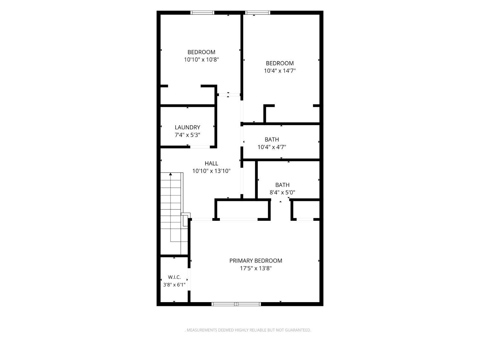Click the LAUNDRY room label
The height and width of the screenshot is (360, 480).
pyautogui.click(x=187, y=127)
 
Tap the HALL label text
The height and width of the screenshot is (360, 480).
pyautogui.click(x=211, y=163)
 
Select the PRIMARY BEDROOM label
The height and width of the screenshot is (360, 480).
pyautogui.click(x=256, y=260)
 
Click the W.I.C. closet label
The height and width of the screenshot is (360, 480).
pyautogui.click(x=174, y=277)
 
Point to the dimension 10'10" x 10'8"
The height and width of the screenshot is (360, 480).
pyautogui.click(x=201, y=60)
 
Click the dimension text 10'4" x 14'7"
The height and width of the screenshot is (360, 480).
pyautogui.click(x=280, y=71)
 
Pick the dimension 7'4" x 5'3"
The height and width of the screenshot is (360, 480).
pyautogui.click(x=187, y=135)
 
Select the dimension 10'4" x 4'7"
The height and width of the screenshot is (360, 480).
pyautogui.click(x=272, y=147)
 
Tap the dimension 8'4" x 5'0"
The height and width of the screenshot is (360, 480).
pyautogui.click(x=282, y=192)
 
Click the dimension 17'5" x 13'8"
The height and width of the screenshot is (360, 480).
pyautogui.click(x=256, y=268)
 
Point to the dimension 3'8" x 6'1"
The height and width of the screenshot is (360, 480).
pyautogui.click(x=174, y=284)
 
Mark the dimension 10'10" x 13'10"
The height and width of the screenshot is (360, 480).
pyautogui.click(x=211, y=171)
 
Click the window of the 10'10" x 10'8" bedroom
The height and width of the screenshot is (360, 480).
pyautogui.click(x=202, y=13)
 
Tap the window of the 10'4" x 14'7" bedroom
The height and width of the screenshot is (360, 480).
pyautogui.click(x=257, y=13)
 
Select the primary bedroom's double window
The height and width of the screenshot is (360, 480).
pyautogui.click(x=236, y=304)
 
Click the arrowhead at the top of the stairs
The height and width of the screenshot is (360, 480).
pyautogui.click(x=171, y=174)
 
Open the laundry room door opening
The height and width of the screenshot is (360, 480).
pyautogui.click(x=200, y=147)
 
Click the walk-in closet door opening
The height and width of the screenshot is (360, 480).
pyautogui.click(x=189, y=279)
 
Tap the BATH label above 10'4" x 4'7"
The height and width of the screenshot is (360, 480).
pyautogui.click(x=272, y=140)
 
